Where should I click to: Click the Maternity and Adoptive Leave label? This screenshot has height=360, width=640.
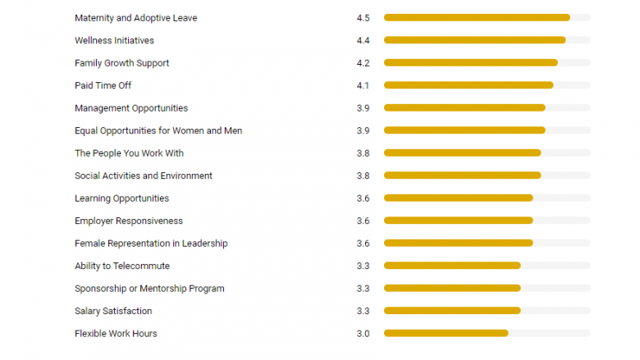click(x=135, y=18)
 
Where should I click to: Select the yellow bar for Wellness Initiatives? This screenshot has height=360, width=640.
click(x=474, y=40)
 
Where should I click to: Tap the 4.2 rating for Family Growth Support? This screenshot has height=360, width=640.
click(x=363, y=63)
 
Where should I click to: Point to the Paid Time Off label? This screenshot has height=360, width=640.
click(x=103, y=85)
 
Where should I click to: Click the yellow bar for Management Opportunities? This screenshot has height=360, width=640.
click(x=464, y=108)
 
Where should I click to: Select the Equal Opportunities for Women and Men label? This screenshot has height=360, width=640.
click(x=158, y=130)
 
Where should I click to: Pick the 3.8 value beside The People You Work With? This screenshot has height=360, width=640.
click(x=363, y=153)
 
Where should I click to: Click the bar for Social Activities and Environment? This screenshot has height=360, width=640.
click(x=462, y=175)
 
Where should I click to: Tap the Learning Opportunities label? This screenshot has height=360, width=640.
click(x=121, y=198)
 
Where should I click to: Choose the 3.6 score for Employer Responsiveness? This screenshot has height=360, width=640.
click(x=363, y=221)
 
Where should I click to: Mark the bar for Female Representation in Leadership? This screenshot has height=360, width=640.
click(x=458, y=244)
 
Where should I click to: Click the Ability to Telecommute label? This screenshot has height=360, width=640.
click(x=122, y=266)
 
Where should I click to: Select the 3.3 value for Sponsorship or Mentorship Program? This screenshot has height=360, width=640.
click(x=363, y=289)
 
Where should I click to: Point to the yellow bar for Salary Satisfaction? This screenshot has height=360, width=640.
click(x=452, y=311)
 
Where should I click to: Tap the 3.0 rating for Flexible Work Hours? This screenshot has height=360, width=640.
click(x=363, y=334)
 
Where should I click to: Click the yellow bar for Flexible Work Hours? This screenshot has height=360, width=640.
click(x=446, y=334)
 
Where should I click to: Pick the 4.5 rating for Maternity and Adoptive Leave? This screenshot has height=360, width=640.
click(x=363, y=18)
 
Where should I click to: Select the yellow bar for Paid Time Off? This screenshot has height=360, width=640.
click(x=469, y=85)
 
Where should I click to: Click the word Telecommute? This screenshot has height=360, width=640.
click(x=140, y=266)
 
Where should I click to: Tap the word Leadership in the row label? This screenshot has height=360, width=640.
click(x=205, y=244)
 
